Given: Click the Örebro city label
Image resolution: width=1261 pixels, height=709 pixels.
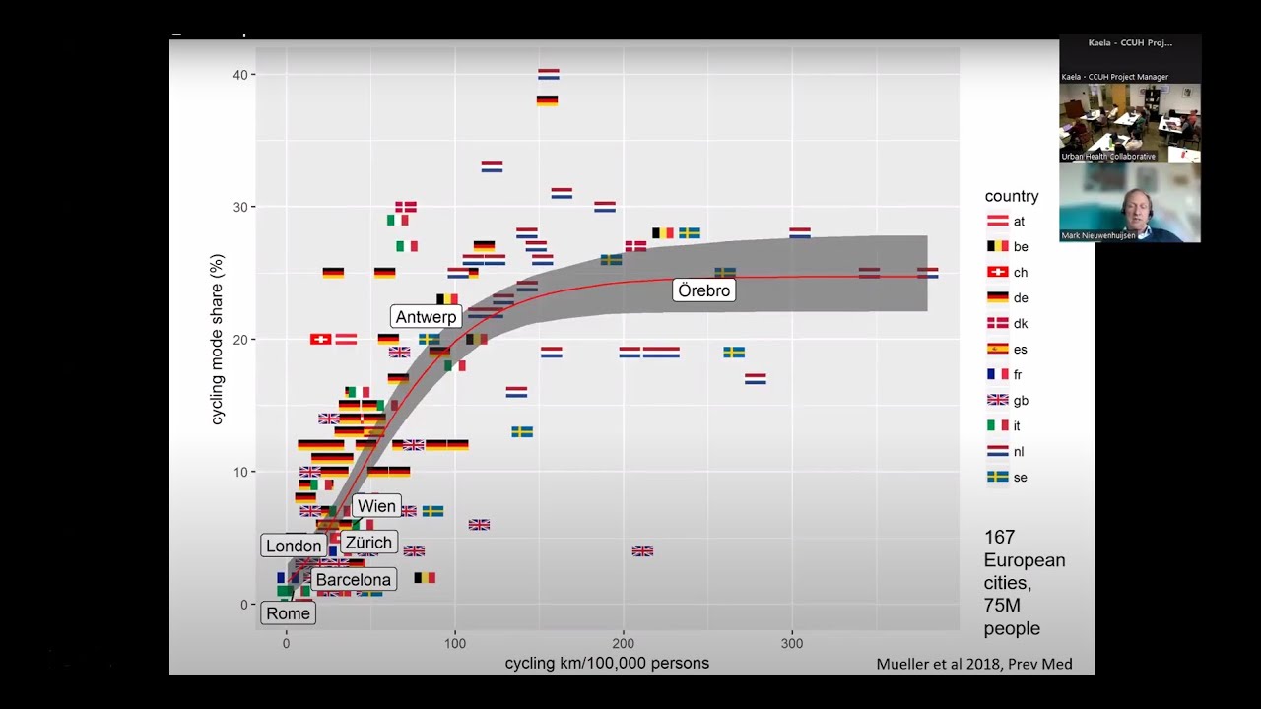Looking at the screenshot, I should click(704, 290).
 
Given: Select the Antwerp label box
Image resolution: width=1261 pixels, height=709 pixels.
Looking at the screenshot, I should click(426, 317).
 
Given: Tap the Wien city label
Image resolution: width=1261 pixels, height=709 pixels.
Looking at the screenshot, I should click(376, 506).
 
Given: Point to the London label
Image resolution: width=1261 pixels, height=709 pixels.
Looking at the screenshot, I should click(294, 546).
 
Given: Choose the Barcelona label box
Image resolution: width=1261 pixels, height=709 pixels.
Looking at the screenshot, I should click(353, 580).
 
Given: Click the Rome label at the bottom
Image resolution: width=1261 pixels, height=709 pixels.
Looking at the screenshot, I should click(288, 613).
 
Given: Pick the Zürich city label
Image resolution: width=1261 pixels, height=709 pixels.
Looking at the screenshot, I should click(368, 543).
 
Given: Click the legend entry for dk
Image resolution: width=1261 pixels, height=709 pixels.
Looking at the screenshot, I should click(998, 324).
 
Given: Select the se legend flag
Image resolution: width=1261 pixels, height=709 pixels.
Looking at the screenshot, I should click(998, 478).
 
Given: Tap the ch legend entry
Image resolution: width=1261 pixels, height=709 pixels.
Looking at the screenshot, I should click(998, 273).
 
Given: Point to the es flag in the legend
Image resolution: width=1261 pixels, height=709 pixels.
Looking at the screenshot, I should click(998, 350).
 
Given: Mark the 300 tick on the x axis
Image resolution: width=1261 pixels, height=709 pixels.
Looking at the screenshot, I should click(792, 644).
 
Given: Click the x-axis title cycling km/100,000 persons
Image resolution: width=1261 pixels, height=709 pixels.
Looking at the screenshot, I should click(607, 664).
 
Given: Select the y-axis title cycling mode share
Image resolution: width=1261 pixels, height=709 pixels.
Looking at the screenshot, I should click(218, 339).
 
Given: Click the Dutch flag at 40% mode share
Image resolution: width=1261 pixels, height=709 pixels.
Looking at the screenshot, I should click(548, 74).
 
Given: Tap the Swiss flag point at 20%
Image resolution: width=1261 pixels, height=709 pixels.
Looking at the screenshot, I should click(320, 339).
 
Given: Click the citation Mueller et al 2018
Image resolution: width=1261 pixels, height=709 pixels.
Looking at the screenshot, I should click(973, 664).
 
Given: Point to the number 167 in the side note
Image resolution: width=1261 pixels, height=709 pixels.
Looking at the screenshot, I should click(999, 538).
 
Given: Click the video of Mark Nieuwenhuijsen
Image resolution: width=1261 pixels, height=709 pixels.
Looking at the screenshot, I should click(1129, 202).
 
